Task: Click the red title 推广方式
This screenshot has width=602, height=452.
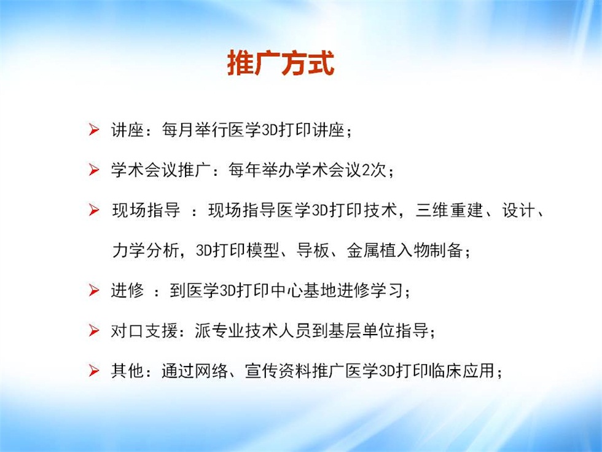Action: [281, 63]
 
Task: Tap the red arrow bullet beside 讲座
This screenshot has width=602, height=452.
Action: [93, 130]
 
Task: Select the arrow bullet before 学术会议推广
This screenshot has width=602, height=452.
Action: [93, 170]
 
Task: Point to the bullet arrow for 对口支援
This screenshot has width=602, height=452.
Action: [93, 330]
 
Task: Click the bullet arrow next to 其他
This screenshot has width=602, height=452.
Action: [93, 370]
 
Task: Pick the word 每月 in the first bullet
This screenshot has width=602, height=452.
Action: [178, 130]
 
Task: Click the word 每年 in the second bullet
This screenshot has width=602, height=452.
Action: [244, 170]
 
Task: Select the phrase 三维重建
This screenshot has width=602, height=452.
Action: [449, 210]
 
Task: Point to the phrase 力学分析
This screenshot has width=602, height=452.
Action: [146, 251]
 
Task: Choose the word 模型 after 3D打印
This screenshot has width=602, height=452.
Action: [263, 251]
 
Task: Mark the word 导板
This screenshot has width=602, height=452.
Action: [313, 251]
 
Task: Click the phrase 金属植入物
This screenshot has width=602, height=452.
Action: [388, 251]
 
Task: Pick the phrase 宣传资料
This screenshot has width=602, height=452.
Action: [278, 371]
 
